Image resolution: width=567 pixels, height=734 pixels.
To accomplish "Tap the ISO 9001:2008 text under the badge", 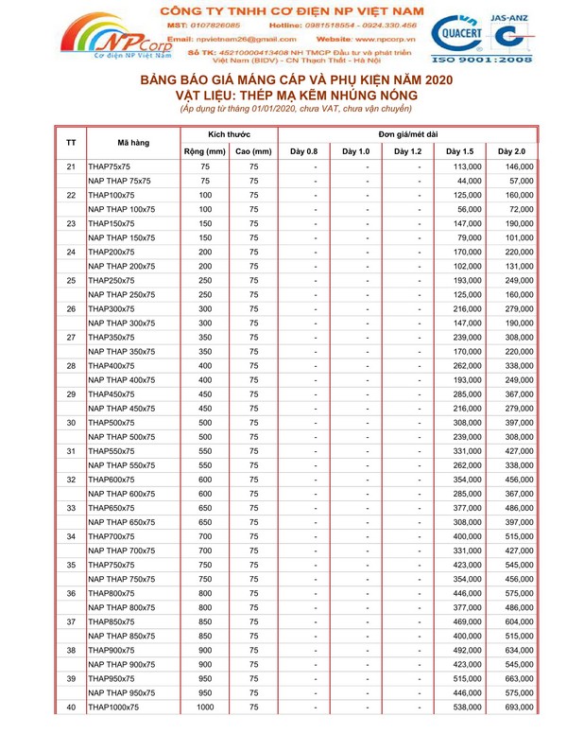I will pyautogui.click(x=482, y=59).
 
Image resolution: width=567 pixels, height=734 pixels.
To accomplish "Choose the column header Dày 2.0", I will pyautogui.click(x=511, y=150).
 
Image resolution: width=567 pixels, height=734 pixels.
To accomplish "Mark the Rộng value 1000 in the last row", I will pyautogui.click(x=204, y=708).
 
